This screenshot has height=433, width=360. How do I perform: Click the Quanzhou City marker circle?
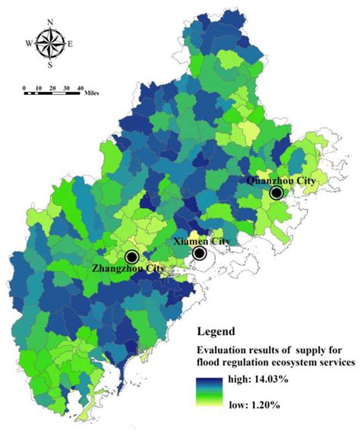coord(276,194)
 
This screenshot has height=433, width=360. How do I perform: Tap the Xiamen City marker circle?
coord(200,254)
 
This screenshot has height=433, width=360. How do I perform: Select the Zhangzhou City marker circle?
coord(132,256)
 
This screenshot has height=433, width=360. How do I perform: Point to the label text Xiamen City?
coord(199,241)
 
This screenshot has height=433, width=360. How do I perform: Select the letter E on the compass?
coord(71,44)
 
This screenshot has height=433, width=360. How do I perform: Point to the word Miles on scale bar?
coord(96,96)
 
